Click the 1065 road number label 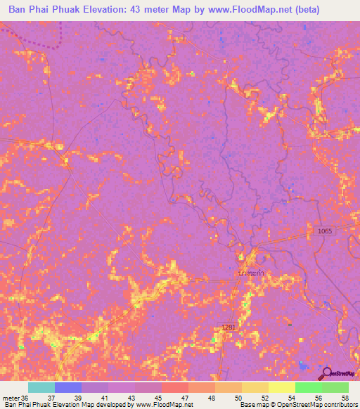coord(324,231)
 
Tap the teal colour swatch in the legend coord(41,387)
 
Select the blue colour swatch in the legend coord(67,387)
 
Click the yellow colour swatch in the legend coord(281,387)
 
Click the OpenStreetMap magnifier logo coord(326,373)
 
